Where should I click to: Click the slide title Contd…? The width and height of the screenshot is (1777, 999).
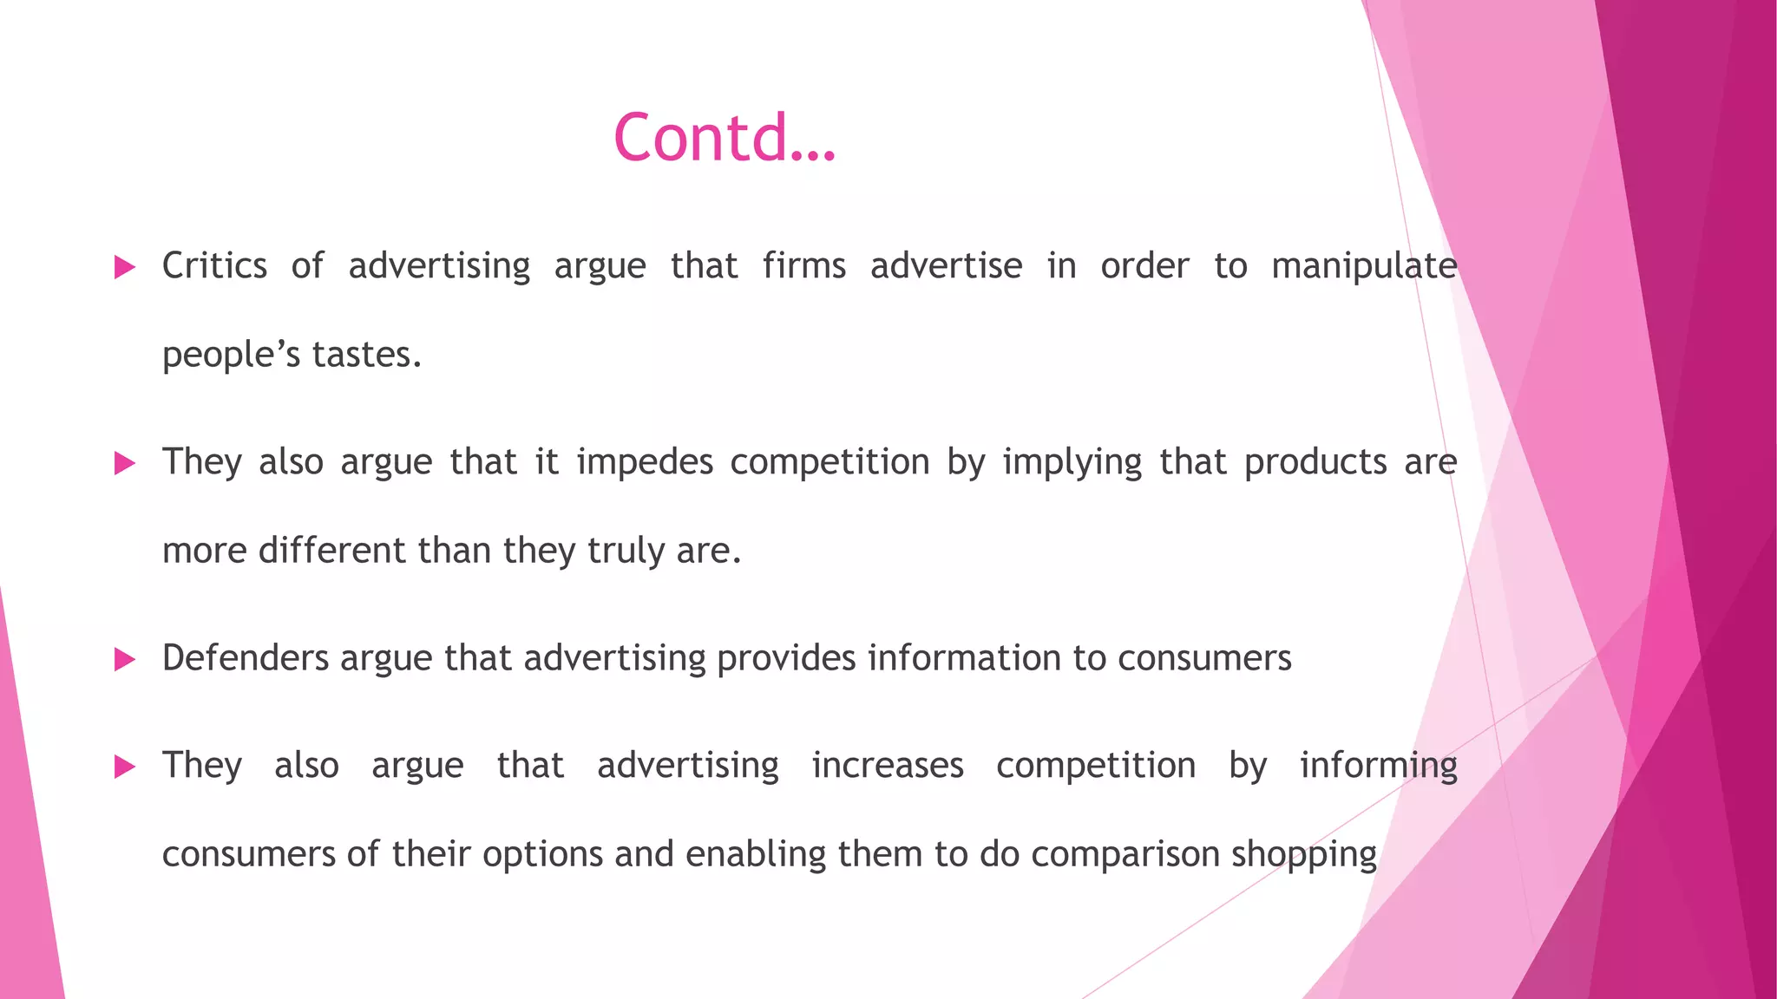(725, 139)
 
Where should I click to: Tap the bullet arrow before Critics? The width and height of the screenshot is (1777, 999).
(125, 267)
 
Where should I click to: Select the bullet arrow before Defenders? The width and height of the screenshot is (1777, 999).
(125, 660)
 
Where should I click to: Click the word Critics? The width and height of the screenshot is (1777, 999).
(214, 265)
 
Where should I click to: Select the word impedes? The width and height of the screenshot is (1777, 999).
(645, 462)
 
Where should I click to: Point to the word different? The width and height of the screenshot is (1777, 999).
(332, 551)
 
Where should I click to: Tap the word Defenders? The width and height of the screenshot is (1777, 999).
(246, 658)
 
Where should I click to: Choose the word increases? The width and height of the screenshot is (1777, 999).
(888, 766)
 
